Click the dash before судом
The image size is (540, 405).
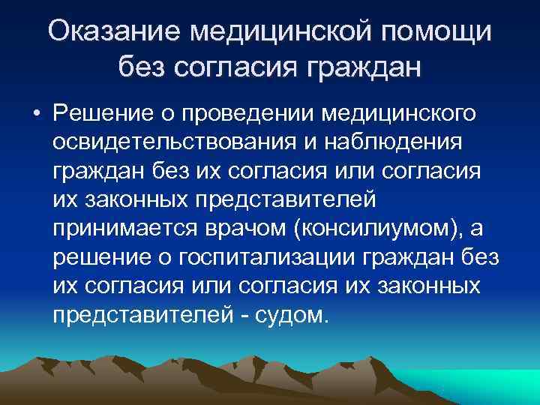click(245, 314)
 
